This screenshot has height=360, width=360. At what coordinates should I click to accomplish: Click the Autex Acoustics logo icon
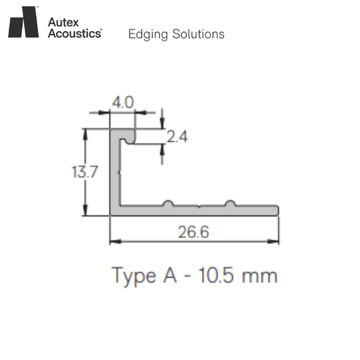click(23, 22)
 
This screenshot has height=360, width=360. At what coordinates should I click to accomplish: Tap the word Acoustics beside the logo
click(75, 33)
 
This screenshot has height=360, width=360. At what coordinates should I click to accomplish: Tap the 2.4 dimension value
click(177, 137)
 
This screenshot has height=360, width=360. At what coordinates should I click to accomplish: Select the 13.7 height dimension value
click(85, 172)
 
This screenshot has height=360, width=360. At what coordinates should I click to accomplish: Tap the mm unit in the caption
click(261, 275)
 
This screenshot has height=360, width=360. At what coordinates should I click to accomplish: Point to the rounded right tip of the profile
click(277, 211)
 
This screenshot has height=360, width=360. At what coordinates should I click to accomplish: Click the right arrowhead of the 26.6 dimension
click(275, 241)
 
